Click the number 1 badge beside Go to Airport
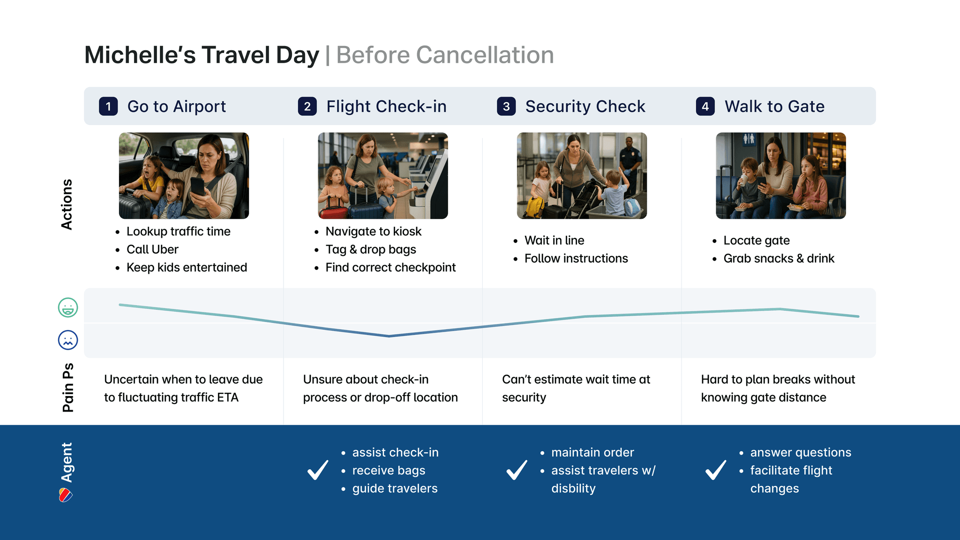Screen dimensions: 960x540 108,106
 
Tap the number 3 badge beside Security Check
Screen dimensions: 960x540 506,106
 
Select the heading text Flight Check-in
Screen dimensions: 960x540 386,106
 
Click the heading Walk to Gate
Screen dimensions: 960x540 774,106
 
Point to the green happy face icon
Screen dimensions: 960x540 68,307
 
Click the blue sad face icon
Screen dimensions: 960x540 68,340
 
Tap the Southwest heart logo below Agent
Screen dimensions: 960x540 66,495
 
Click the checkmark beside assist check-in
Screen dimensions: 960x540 318,470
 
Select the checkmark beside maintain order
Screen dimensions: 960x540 517,470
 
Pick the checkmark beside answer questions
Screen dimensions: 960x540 716,470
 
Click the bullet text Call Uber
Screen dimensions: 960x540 152,249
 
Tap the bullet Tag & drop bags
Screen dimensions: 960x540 371,249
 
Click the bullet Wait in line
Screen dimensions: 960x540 554,240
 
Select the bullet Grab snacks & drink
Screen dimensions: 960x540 779,258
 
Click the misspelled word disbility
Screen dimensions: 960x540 573,488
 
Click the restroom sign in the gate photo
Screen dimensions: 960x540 749,139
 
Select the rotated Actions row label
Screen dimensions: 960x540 67,204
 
